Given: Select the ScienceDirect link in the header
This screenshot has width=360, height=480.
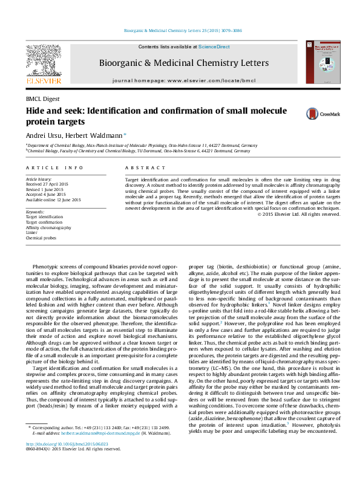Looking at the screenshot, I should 214,47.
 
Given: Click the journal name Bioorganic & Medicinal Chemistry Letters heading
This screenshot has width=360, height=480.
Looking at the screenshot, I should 184,63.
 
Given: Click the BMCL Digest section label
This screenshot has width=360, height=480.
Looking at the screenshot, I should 42,99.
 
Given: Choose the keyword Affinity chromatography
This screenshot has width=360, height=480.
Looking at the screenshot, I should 48,227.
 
